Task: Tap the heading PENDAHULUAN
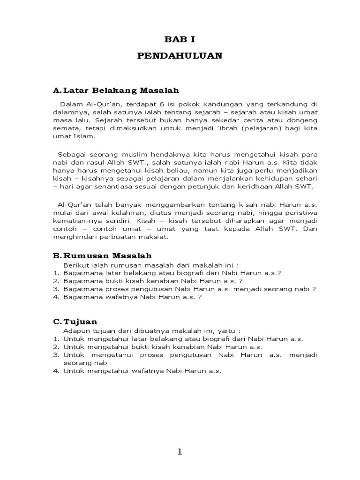(180, 56)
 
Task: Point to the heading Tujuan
(80, 322)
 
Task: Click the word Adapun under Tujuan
(76, 330)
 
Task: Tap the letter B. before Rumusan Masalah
(57, 255)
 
